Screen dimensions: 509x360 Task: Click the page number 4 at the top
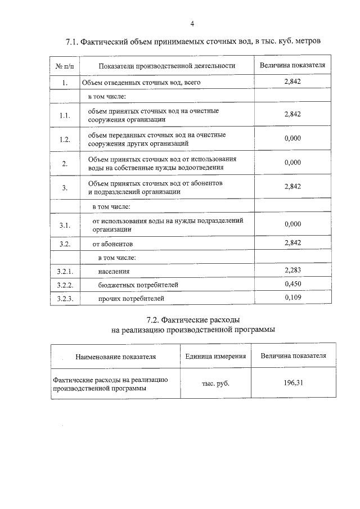pyautogui.click(x=192, y=24)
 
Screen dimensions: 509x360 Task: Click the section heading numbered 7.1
pyautogui.click(x=194, y=42)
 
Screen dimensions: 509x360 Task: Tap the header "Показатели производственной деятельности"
pyautogui.click(x=166, y=66)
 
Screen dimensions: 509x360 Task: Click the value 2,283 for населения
pyautogui.click(x=293, y=271)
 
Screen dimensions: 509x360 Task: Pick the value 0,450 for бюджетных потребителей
pyautogui.click(x=293, y=284)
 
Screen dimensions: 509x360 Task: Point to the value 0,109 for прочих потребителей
pyautogui.click(x=293, y=298)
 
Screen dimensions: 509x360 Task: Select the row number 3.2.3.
pyautogui.click(x=66, y=298)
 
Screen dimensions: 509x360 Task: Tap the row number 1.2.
pyautogui.click(x=65, y=139)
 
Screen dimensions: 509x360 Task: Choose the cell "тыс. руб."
pyautogui.click(x=215, y=384)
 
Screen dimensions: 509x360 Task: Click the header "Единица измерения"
pyautogui.click(x=215, y=357)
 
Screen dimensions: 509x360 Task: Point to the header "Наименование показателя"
pyautogui.click(x=116, y=357)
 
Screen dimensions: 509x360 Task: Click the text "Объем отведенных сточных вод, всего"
pyautogui.click(x=141, y=83)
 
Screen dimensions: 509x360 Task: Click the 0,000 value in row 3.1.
pyautogui.click(x=293, y=224)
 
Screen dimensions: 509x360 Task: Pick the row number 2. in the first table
pyautogui.click(x=65, y=164)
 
